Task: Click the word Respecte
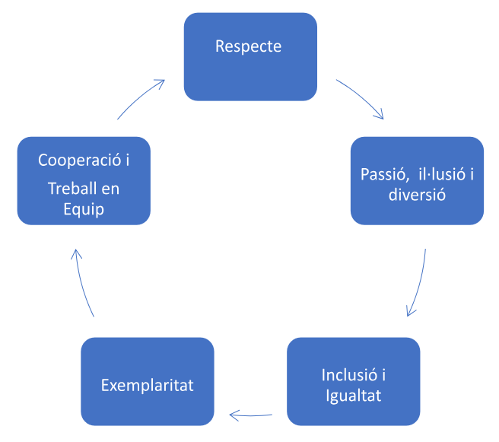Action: [x=248, y=47]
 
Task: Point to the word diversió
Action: [x=417, y=194]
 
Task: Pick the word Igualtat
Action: [x=353, y=396]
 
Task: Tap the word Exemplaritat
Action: [x=148, y=386]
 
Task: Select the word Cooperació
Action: [x=80, y=160]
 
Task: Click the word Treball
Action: [x=72, y=189]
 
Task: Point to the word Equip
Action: [x=84, y=209]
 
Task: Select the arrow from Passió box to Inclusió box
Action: [x=419, y=283]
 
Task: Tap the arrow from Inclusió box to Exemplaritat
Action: [x=251, y=415]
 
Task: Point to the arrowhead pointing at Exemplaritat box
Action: [x=234, y=415]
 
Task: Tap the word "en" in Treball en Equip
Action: [x=110, y=189]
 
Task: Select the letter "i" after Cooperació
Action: [x=128, y=160]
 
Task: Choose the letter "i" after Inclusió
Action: [x=384, y=375]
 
